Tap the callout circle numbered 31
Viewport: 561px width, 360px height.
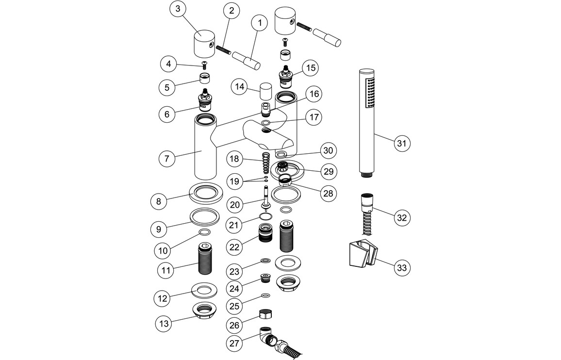401,143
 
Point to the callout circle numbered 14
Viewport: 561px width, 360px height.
239,87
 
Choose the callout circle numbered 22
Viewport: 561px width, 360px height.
235,247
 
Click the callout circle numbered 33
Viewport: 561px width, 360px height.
401,267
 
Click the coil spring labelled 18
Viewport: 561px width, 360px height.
265,163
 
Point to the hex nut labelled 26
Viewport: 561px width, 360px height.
265,314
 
